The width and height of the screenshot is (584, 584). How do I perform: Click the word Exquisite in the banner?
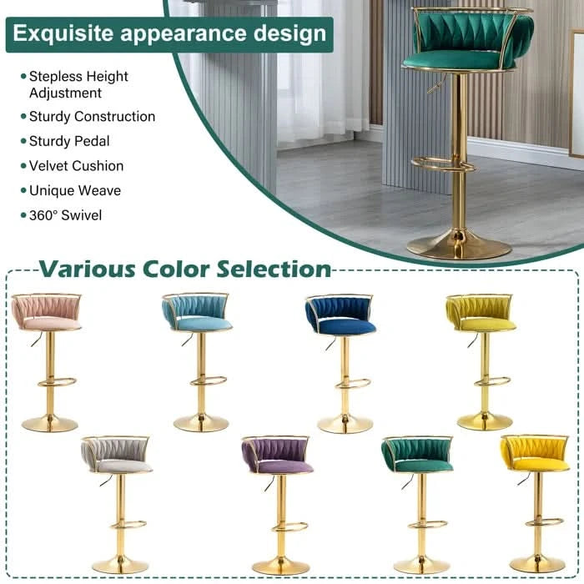63,33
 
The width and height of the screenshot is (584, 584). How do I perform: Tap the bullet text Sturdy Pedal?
69,141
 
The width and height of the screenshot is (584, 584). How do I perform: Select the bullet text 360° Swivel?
66,215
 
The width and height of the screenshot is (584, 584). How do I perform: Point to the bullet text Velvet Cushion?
77,166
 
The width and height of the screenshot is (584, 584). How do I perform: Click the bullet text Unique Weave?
75,191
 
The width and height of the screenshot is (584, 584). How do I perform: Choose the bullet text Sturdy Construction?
92,117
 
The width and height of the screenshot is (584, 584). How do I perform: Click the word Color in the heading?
177,269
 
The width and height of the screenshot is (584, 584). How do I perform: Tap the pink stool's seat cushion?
52,324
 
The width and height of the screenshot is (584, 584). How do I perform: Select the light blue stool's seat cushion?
204,324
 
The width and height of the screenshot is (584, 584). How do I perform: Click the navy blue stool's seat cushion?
348,327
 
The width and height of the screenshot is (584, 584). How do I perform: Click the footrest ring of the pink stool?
57,382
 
